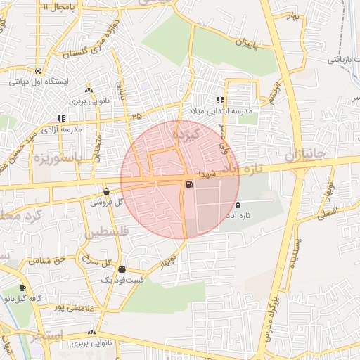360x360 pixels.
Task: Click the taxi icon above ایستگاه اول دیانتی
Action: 37,70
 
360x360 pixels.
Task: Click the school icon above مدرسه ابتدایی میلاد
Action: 220,101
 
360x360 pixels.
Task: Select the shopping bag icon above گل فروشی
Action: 106,191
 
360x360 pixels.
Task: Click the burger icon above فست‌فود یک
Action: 122,269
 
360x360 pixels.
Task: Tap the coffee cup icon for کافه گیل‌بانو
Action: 23,288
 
